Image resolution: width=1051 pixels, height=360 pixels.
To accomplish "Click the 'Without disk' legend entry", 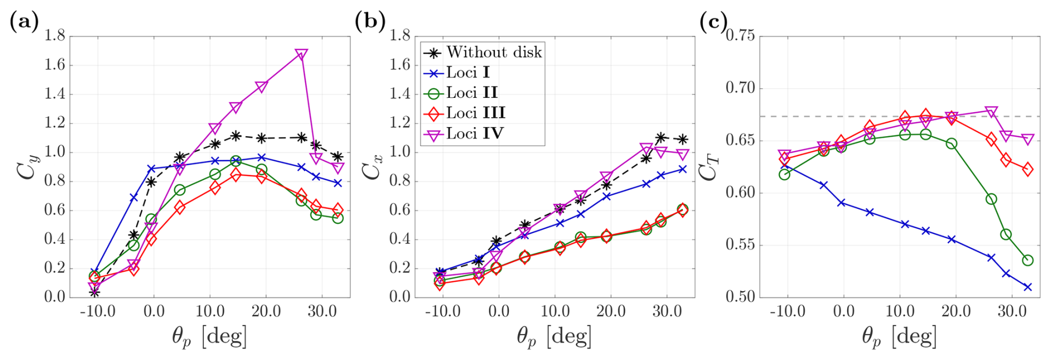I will tap(493, 53).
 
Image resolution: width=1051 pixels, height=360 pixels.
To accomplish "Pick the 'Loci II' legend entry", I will tap(472, 93).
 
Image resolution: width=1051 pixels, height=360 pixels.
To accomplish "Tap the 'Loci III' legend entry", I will tap(476, 113).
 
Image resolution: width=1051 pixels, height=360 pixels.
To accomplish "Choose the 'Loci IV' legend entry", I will tap(474, 134).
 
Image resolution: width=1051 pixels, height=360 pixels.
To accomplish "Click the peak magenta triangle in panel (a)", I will tap(302, 54).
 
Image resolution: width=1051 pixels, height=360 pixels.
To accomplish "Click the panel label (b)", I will tap(369, 22).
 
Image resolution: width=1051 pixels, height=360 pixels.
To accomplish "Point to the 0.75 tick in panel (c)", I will tap(740, 36).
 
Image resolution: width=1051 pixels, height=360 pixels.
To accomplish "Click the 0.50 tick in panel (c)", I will tap(740, 297).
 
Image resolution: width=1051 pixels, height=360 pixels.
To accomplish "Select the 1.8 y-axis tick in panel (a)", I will tap(55, 36).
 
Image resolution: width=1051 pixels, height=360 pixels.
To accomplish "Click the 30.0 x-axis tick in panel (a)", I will tap(322, 312).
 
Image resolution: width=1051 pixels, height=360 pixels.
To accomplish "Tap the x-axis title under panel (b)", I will tap(554, 337).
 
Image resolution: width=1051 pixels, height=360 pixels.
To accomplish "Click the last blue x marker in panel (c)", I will tap(1028, 287).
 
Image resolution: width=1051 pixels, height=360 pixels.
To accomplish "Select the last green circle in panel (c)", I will tap(1028, 260).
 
